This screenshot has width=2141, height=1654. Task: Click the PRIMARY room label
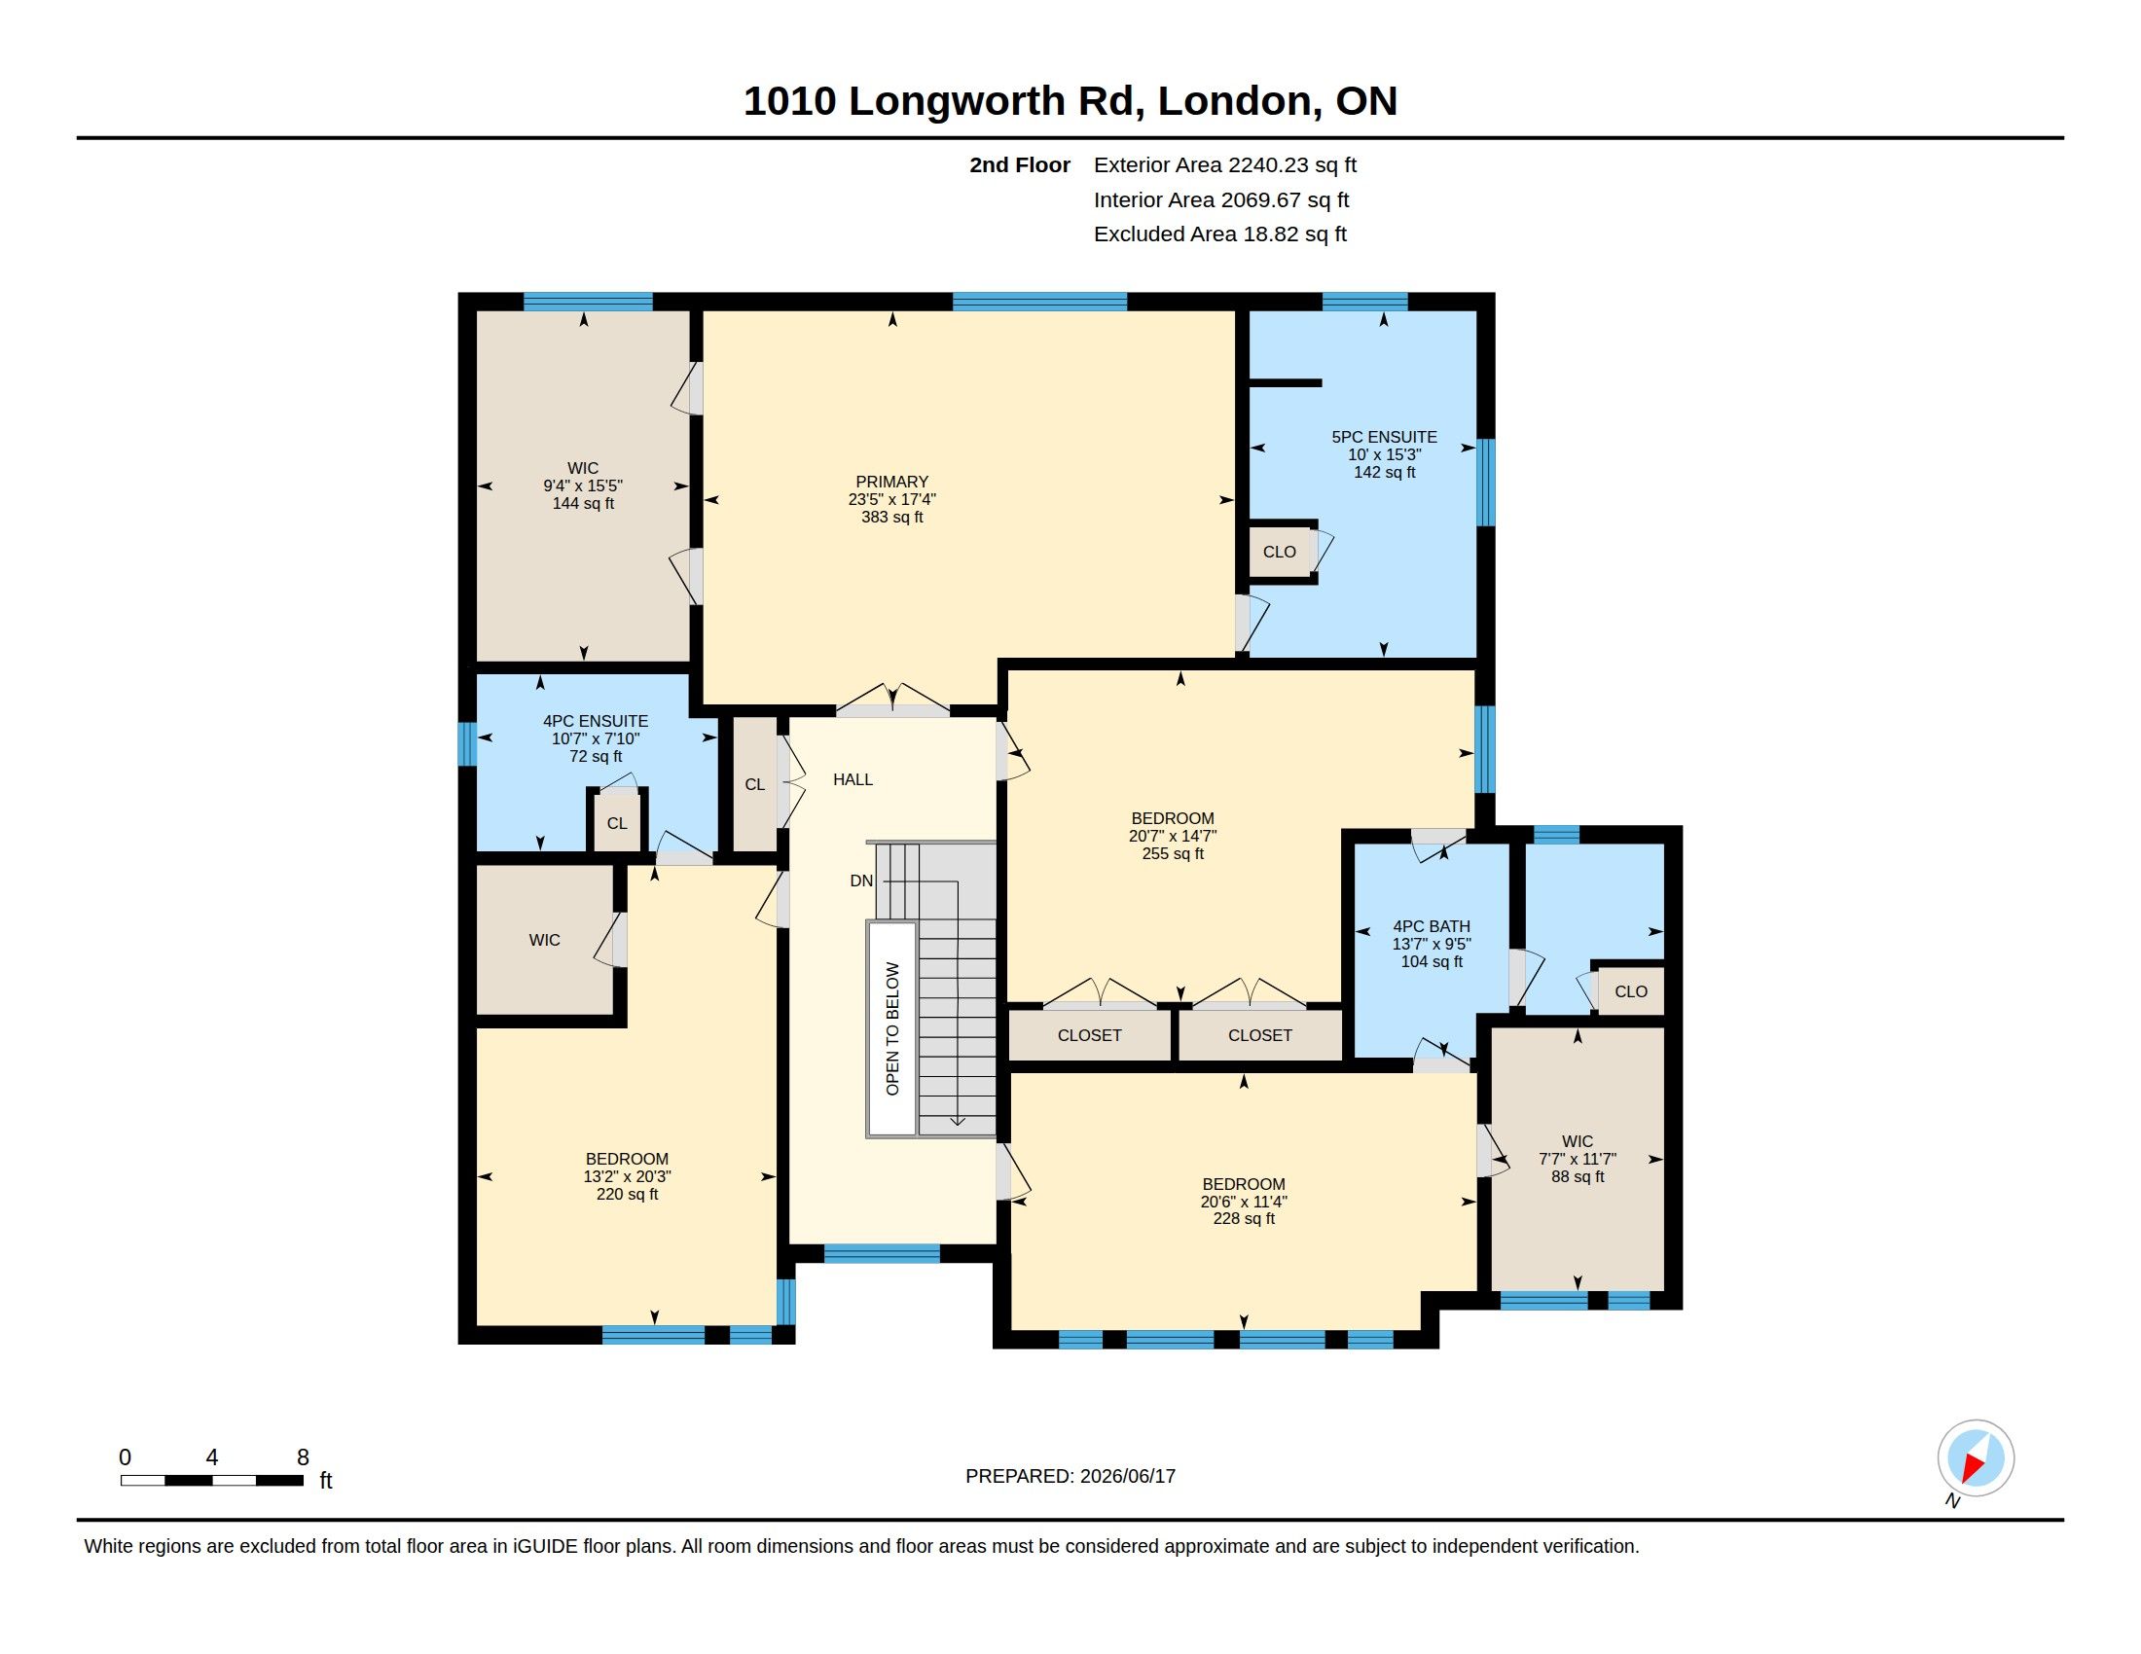tap(891, 482)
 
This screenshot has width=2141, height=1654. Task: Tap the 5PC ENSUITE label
tap(1383, 437)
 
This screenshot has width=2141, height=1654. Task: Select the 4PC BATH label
tap(1432, 926)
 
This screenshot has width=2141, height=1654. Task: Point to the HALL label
tap(853, 780)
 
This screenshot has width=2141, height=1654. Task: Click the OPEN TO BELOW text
tap(892, 1028)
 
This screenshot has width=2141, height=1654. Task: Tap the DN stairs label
tap(860, 881)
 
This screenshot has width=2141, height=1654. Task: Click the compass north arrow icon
tap(1976, 1458)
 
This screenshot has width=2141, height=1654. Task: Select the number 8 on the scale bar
tap(303, 1457)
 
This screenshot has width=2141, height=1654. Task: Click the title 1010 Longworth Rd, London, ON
tap(1070, 101)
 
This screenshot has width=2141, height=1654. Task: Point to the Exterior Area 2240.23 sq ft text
tap(1224, 164)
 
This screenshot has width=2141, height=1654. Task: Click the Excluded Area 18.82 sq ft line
tap(1219, 234)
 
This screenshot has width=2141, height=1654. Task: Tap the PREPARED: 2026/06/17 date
tap(1070, 1476)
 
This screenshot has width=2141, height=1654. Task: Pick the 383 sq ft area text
tap(891, 518)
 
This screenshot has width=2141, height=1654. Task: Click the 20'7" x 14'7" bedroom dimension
tap(1173, 836)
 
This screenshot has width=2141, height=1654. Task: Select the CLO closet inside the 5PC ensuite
tap(1280, 552)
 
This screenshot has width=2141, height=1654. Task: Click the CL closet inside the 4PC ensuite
tap(617, 823)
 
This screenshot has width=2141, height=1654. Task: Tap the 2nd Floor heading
tap(1020, 164)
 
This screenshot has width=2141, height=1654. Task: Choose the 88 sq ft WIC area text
tap(1578, 1177)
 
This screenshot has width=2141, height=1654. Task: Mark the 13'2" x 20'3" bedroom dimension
tap(628, 1177)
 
